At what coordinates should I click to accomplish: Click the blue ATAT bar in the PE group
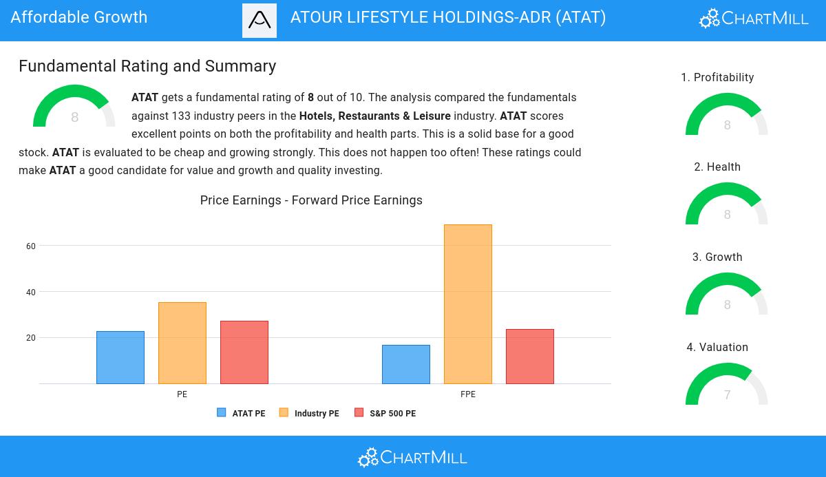coord(120,357)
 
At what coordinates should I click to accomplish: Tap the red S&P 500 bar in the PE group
coord(244,352)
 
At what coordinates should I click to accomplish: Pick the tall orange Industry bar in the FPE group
coord(468,304)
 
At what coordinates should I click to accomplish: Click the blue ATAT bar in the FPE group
coord(406,364)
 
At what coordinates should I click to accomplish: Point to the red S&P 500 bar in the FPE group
coord(530,357)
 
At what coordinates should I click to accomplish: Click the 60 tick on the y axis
coord(31,246)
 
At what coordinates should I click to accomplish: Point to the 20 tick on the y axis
coord(31,338)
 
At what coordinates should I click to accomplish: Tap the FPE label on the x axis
coord(468,394)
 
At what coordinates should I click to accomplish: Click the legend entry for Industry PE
coord(309,413)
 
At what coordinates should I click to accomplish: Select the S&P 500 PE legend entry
coord(385,413)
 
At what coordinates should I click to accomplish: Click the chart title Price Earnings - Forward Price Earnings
coord(311,200)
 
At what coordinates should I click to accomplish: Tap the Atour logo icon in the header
coord(260,21)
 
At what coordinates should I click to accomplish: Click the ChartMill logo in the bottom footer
coord(412,457)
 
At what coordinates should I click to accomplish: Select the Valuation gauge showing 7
coord(727,385)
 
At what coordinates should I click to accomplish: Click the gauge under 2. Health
coord(727,205)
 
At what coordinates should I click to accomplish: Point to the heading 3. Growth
coord(717,257)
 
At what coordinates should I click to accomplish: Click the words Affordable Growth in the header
coord(79,17)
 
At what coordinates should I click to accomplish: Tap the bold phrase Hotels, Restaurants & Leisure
coord(375,116)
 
